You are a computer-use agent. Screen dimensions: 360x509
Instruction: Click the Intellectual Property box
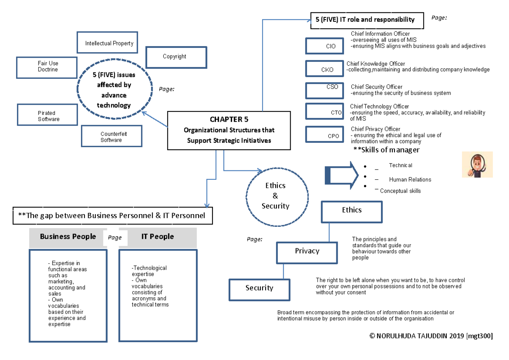point(107,43)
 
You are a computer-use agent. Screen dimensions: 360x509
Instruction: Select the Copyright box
point(176,57)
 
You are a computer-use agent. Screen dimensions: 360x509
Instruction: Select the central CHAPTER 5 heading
point(229,119)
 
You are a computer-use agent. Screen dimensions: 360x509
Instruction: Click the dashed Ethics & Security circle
point(275,195)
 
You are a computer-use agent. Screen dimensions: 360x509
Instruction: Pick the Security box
point(259,288)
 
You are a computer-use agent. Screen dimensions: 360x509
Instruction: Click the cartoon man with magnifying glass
point(477,165)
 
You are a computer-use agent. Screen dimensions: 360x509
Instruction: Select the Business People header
point(67,237)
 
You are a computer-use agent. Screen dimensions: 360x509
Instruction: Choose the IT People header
point(158,237)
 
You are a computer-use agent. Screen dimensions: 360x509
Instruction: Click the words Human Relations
point(410,179)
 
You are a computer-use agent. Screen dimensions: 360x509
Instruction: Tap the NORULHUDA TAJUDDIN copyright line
point(431,336)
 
